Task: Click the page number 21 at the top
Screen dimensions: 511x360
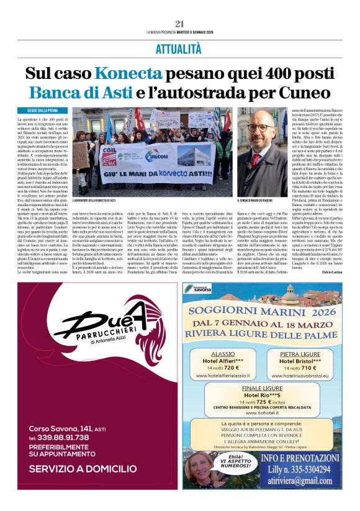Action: point(179,24)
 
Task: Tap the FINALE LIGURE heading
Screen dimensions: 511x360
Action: point(261,387)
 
